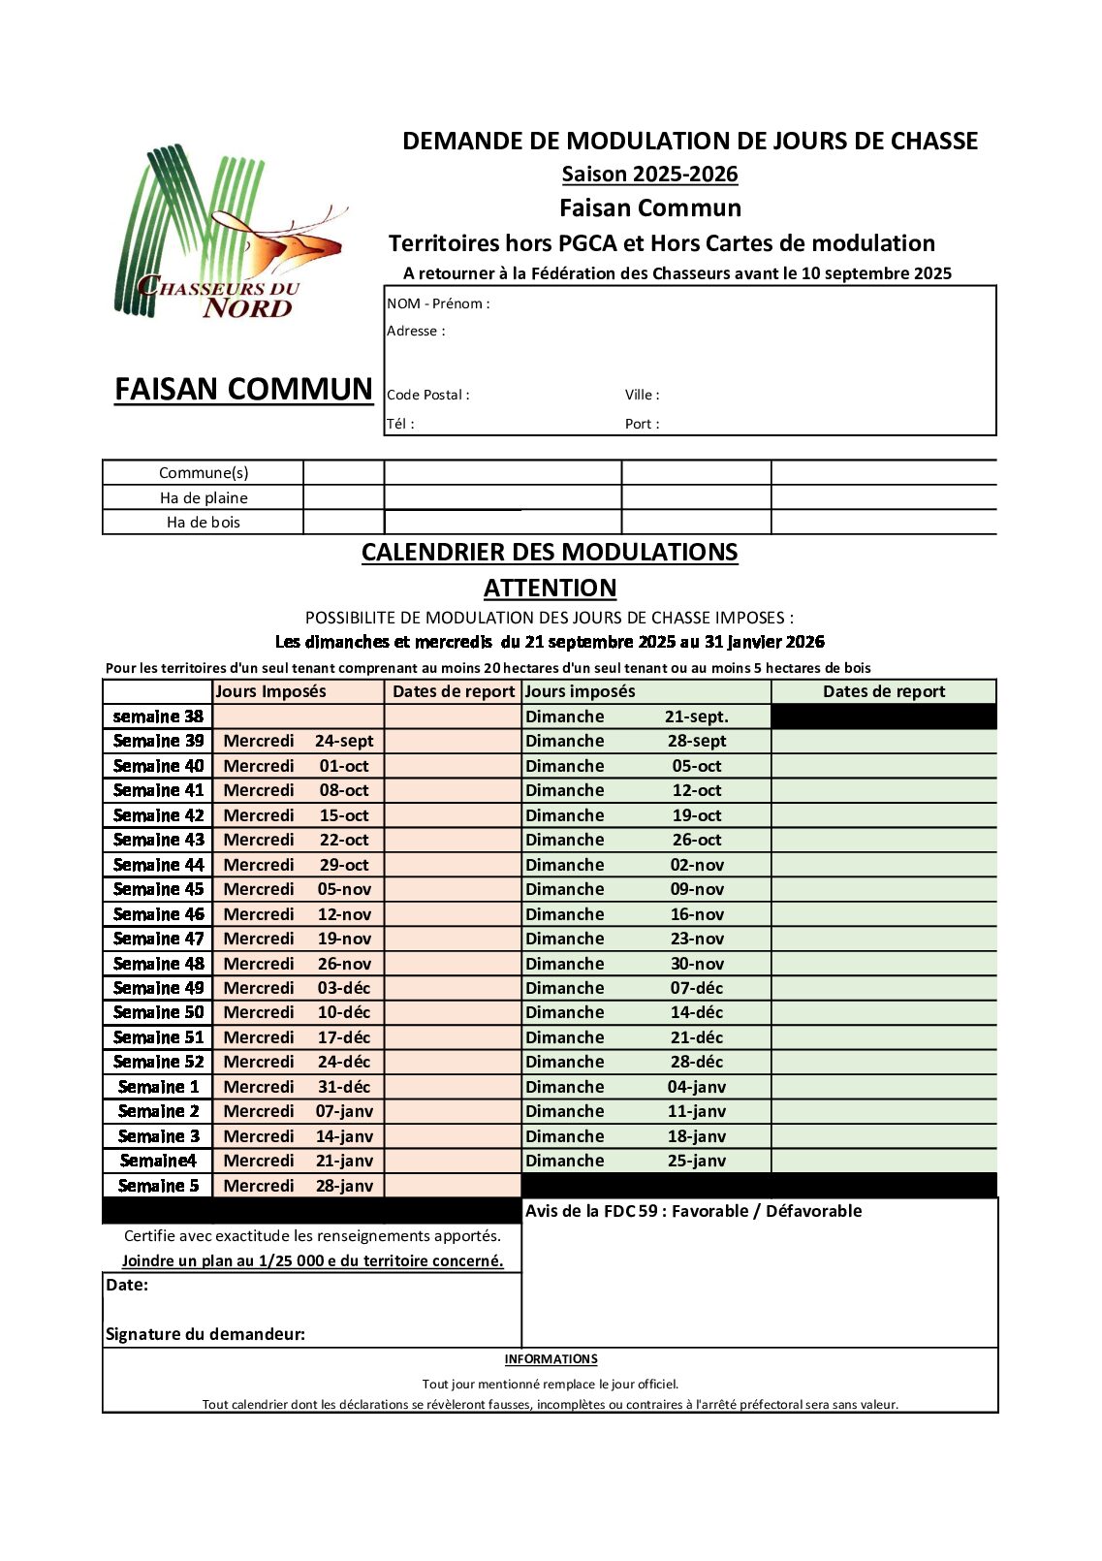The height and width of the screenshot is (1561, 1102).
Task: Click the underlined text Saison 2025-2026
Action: [649, 175]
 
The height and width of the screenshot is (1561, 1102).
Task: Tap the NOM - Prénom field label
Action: [438, 303]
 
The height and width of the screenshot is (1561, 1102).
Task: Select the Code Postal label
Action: [427, 395]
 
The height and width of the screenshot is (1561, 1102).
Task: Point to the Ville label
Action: [642, 395]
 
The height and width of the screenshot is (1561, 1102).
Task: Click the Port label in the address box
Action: [642, 424]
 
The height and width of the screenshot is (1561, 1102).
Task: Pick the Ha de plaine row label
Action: [204, 497]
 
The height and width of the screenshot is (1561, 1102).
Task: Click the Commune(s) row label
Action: [204, 473]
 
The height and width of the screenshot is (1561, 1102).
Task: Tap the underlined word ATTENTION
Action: [550, 588]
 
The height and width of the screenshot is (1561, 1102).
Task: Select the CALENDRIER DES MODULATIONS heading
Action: [550, 552]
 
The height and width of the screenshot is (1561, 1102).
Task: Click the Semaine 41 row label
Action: [158, 790]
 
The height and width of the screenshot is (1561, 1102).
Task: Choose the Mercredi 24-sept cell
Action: [299, 741]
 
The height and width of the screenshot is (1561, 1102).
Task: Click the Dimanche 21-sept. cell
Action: [645, 717]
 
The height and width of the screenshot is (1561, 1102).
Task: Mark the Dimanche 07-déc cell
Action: [645, 988]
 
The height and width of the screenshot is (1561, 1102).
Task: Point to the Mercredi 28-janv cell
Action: [299, 1186]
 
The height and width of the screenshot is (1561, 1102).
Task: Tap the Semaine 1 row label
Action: [158, 1087]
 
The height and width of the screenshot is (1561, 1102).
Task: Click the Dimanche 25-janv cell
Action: [645, 1161]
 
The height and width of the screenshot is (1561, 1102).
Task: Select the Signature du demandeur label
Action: [205, 1334]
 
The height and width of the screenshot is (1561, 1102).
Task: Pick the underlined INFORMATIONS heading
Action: [551, 1359]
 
